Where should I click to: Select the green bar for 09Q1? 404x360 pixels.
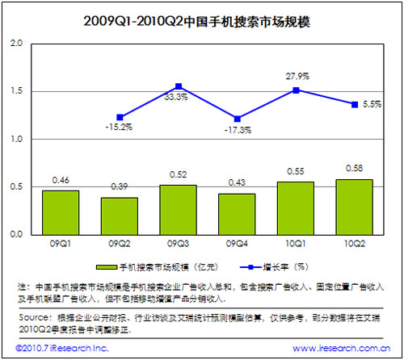tap(61, 212)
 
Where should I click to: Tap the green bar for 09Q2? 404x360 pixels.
tap(120, 216)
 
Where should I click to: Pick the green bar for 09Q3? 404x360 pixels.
tap(178, 210)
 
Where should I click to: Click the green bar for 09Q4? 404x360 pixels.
tap(237, 214)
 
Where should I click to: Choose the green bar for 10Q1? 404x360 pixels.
tap(296, 208)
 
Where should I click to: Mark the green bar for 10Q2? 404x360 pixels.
tap(354, 207)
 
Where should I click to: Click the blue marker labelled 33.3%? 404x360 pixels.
tap(179, 86)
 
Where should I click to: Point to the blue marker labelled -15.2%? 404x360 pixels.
tap(120, 118)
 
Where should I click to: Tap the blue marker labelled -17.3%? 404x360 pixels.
tap(237, 119)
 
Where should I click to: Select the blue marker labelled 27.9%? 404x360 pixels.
tap(296, 90)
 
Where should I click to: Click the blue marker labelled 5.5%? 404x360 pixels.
tap(354, 104)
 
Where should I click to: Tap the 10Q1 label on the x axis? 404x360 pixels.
tap(296, 243)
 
